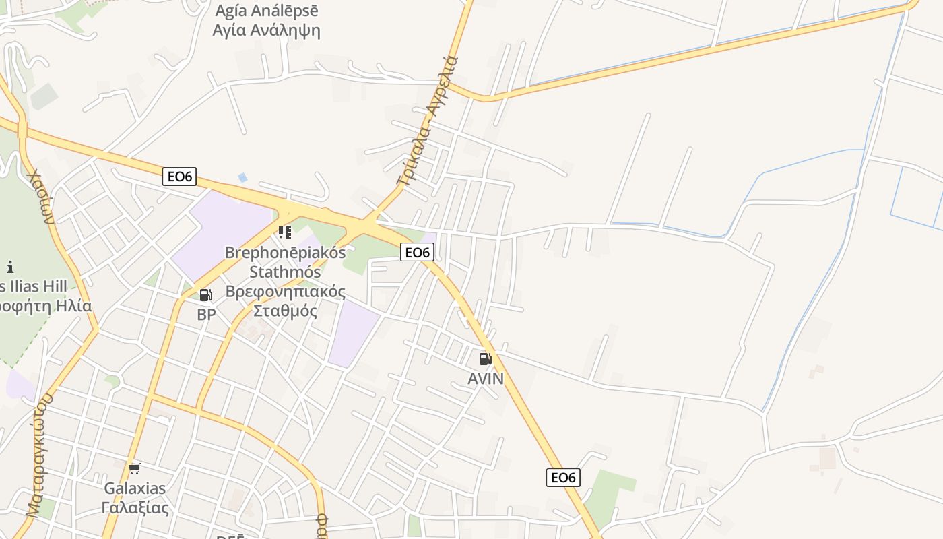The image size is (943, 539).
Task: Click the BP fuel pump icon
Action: (206, 294)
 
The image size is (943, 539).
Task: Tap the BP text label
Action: (206, 314)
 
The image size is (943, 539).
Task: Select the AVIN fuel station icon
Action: (486, 359)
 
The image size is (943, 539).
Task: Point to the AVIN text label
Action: (486, 379)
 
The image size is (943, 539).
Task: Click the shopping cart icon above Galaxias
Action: (135, 468)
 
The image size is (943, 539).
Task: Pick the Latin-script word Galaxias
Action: (135, 488)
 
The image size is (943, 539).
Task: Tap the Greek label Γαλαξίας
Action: (135, 507)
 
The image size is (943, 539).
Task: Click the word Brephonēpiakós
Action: (285, 253)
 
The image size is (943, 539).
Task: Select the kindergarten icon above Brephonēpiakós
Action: (285, 232)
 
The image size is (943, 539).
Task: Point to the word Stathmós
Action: (285, 272)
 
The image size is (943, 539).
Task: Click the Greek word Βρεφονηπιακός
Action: (285, 292)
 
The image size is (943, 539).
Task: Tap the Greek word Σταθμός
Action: (285, 311)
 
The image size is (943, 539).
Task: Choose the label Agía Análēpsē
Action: (266, 11)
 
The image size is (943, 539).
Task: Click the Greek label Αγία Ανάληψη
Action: (266, 30)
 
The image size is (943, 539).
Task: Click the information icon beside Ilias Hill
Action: (9, 267)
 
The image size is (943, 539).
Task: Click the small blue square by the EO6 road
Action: (242, 177)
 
